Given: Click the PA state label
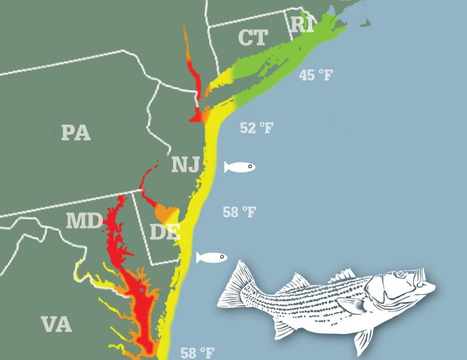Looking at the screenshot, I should pos(76,133).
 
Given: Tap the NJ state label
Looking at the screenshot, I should pos(186,165).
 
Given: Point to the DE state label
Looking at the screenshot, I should pos(164,232).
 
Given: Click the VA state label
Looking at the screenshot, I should pos(56,324).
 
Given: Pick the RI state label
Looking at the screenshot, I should pos(303,24).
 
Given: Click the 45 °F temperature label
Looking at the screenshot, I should pos(317,75).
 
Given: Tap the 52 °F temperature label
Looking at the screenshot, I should pos(257,128).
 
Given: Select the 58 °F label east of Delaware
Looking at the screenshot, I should pos(239,212).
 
